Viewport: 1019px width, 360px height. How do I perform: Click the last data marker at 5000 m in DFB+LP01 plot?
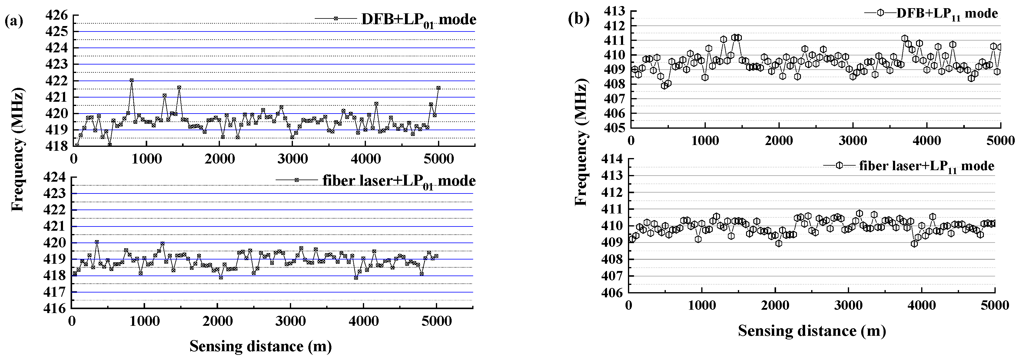tap(438, 88)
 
